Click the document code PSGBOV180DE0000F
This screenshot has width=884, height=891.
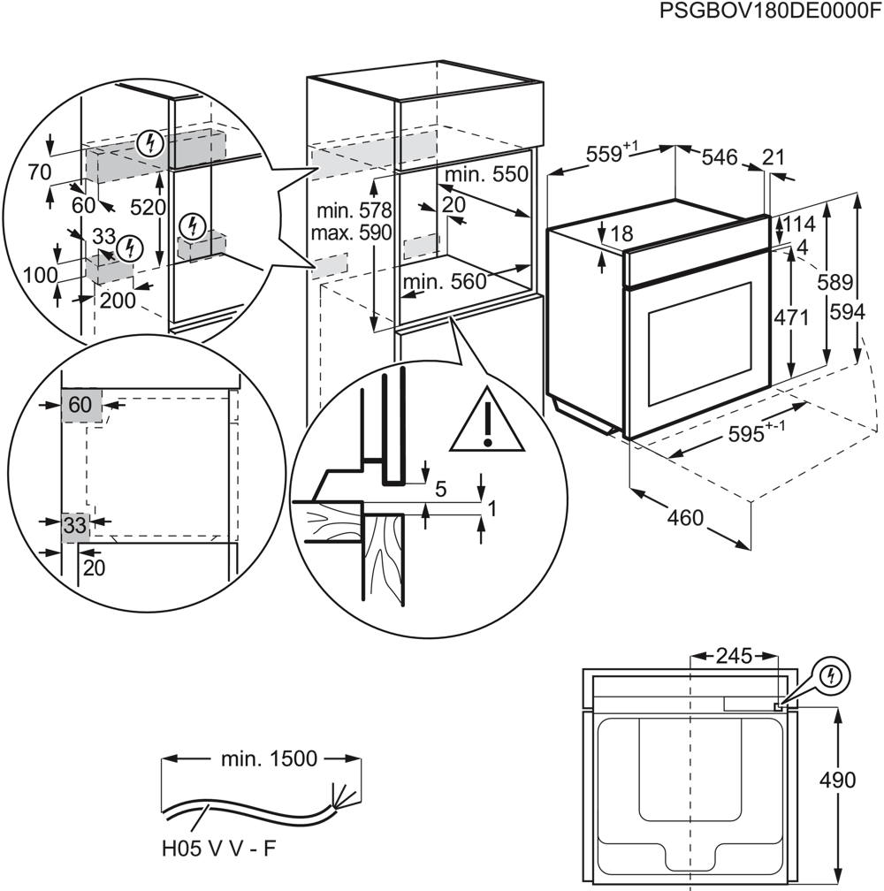770,11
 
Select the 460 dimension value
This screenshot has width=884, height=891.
685,516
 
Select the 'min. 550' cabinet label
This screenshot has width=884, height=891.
487,174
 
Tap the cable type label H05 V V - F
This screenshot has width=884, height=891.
219,849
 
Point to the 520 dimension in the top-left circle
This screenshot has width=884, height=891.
149,207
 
